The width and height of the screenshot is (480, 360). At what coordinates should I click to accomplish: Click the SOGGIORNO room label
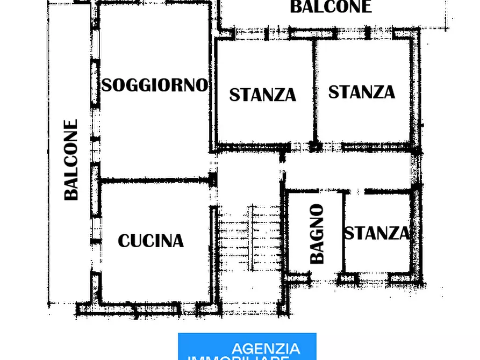coord(155,85)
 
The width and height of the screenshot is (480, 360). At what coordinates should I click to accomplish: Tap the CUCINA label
coord(151,241)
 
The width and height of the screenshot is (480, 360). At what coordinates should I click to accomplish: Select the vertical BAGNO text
coord(318,233)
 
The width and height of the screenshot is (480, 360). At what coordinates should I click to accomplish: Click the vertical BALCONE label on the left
coord(71,160)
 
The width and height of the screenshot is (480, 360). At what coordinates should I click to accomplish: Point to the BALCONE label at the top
coord(331,7)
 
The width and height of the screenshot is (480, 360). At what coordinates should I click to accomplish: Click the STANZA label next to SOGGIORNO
coord(262,95)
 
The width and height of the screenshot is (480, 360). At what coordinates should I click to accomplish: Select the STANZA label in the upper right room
coord(361,92)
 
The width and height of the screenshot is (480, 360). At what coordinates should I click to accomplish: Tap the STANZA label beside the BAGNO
coord(376,233)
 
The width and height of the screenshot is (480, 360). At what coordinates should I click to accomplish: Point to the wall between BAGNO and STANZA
coord(342,231)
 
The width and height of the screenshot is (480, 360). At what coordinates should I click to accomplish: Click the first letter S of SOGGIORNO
coord(107,85)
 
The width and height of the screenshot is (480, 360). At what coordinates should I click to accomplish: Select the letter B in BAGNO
coord(318,256)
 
